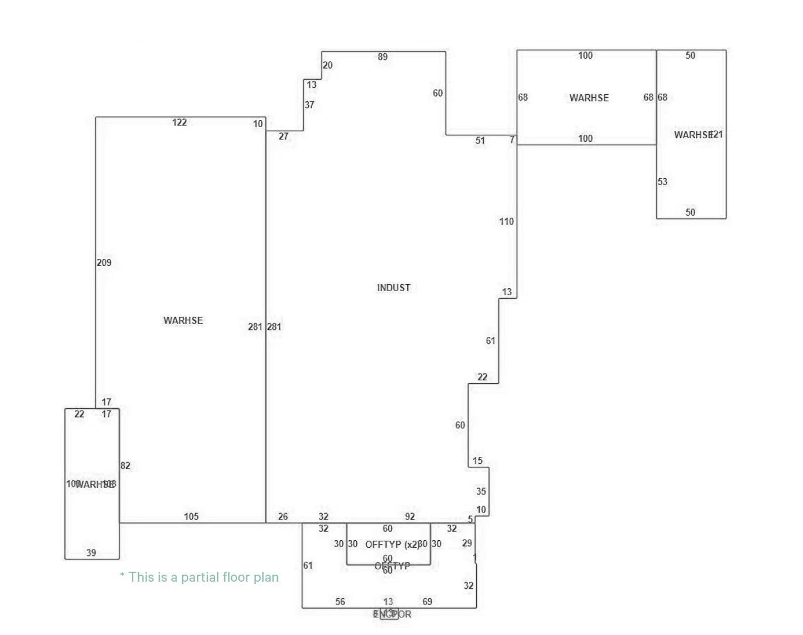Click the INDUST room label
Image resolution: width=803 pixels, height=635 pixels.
[394, 288]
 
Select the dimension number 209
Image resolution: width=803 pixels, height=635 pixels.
[104, 262]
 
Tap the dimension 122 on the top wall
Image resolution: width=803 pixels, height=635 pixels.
[179, 122]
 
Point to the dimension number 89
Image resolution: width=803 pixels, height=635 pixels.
[382, 57]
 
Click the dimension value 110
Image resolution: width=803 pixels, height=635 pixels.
[507, 221]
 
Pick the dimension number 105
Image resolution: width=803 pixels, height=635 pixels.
[191, 517]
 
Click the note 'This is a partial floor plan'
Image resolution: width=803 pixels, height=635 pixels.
[199, 577]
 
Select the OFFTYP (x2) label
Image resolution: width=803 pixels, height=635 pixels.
[391, 544]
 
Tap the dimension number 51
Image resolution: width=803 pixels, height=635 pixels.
[480, 141]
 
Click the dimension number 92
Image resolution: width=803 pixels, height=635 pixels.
[410, 517]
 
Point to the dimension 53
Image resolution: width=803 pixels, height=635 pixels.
[662, 182]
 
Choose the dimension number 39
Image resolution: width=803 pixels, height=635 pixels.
[91, 553]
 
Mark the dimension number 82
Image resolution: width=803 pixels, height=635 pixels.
[125, 466]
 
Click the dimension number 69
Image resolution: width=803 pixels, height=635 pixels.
[428, 602]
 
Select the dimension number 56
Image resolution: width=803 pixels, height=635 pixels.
[340, 602]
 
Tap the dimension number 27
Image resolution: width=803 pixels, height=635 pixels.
[283, 136]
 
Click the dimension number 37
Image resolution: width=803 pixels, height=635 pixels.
[309, 105]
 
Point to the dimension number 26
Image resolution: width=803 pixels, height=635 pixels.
[283, 517]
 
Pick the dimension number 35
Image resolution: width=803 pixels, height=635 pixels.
[481, 491]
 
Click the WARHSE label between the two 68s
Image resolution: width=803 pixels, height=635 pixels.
[589, 98]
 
